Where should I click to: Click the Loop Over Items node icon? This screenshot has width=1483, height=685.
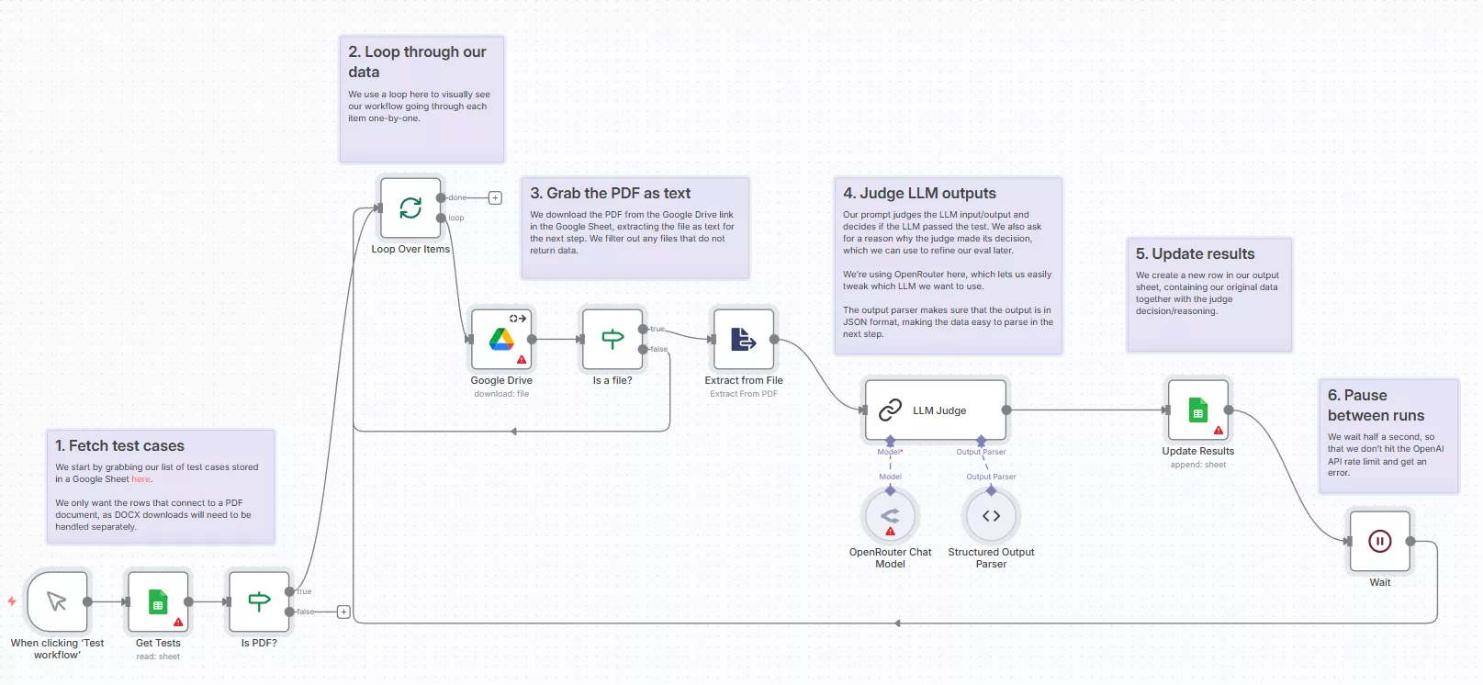(x=410, y=208)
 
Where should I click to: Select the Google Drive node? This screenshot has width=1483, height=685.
(x=501, y=339)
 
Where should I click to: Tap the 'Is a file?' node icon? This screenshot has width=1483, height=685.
(x=612, y=339)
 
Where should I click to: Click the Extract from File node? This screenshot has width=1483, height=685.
(x=744, y=339)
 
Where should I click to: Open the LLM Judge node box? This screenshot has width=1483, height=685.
(x=936, y=410)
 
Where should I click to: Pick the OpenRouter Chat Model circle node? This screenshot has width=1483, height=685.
(x=890, y=516)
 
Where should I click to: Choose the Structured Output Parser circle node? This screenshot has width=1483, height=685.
(x=991, y=516)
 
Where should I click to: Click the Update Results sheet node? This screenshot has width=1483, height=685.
(x=1197, y=410)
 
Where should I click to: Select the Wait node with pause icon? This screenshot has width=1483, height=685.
(x=1379, y=542)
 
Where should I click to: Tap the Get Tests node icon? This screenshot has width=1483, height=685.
(x=158, y=602)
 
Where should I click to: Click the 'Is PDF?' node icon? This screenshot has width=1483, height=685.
(x=259, y=602)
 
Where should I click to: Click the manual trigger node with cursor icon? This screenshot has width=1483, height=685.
(x=57, y=602)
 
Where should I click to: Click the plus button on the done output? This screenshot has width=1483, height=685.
(x=495, y=197)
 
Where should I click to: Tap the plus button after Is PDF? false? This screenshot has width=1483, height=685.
(x=343, y=612)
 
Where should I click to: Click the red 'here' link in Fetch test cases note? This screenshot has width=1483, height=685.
(x=140, y=479)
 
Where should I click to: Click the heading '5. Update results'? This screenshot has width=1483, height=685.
(x=1195, y=253)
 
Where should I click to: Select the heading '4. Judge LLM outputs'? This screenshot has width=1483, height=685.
(x=919, y=193)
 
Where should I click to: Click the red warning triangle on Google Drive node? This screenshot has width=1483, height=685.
(x=522, y=360)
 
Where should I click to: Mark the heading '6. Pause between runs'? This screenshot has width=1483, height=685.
(x=1376, y=405)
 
